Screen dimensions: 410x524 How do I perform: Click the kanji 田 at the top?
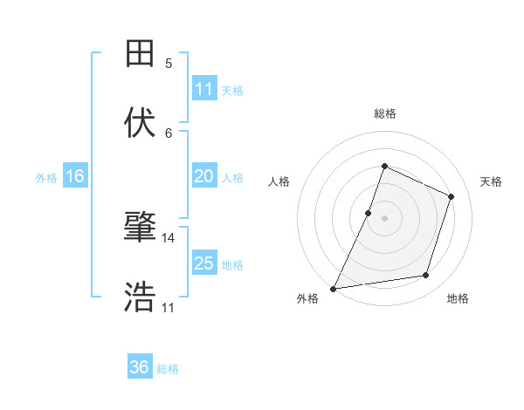click(x=141, y=53)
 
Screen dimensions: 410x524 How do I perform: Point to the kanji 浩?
click(x=141, y=297)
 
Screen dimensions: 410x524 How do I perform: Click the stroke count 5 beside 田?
click(x=169, y=64)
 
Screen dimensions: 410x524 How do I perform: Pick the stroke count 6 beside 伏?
click(x=169, y=133)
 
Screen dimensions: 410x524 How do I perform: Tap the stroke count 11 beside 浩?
click(x=169, y=308)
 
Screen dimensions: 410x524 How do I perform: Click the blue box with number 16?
click(x=75, y=176)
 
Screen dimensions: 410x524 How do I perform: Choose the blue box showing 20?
click(x=203, y=176)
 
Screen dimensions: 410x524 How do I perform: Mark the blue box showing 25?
click(x=203, y=263)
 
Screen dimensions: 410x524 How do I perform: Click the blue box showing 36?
click(x=140, y=367)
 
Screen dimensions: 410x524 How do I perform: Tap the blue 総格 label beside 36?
click(x=168, y=369)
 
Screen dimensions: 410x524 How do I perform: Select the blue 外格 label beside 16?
click(x=46, y=178)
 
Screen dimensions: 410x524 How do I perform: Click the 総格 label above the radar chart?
click(x=385, y=113)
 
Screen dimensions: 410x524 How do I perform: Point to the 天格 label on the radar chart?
click(x=491, y=181)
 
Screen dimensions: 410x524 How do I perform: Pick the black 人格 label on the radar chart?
click(x=279, y=181)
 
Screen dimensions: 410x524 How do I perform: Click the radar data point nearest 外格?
click(x=333, y=289)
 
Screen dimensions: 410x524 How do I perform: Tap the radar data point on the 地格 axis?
click(x=426, y=276)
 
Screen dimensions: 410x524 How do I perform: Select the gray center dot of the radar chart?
click(x=384, y=218)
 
